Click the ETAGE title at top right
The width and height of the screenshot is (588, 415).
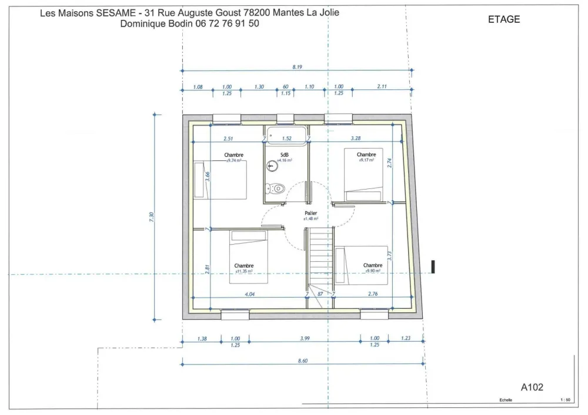coord(504,19)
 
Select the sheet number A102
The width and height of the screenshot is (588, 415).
coord(532,387)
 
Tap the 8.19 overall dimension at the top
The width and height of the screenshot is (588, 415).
coord(297,67)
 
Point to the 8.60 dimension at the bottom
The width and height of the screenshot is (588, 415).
coord(303,361)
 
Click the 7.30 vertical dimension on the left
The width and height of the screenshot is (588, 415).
coord(151,217)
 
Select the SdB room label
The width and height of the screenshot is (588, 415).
coord(285,155)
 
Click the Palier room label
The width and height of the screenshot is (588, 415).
coord(311,213)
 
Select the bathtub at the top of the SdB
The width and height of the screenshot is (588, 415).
coord(286,136)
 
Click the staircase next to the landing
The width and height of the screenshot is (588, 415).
coord(321,258)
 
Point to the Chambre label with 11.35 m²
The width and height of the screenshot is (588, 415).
coord(243,266)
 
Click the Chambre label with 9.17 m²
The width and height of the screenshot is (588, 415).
coord(366,155)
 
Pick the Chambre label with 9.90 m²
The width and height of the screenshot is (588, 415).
coord(372,266)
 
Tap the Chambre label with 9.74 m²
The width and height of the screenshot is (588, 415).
coord(233,156)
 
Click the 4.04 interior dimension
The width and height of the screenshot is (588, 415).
coord(249,293)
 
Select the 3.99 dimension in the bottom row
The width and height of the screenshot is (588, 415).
coord(304,338)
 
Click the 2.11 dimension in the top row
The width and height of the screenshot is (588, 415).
coord(382,87)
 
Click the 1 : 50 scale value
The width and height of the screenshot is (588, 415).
coord(565,400)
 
